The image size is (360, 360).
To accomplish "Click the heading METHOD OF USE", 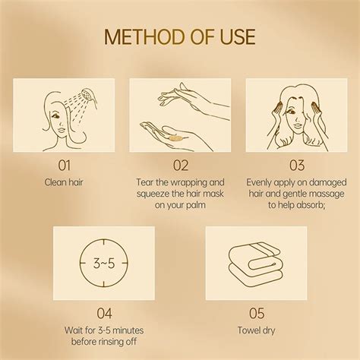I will click(x=180, y=36).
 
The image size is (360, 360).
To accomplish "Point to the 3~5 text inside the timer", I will click(x=103, y=264).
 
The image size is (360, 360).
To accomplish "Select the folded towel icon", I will click(x=256, y=262).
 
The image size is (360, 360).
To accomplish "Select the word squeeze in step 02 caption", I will click(x=154, y=193).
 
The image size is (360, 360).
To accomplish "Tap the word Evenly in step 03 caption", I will click(x=261, y=182).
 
